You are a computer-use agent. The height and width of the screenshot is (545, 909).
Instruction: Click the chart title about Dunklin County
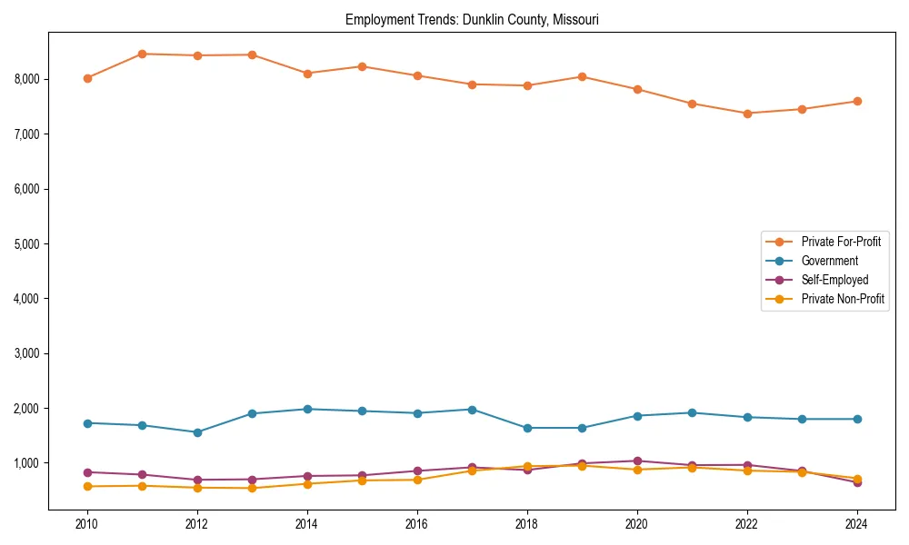coord(472,19)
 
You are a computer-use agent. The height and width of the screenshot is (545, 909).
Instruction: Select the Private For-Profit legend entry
coord(835,242)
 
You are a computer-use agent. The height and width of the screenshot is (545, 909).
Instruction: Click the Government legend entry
coord(829,261)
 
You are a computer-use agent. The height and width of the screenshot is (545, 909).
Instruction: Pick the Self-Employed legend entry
coord(834,280)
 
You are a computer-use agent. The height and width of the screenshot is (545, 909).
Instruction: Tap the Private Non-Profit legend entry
coord(843,299)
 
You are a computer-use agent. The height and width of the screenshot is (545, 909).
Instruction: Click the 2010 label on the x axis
coord(87,524)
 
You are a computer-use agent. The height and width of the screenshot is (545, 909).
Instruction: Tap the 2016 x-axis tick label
coord(416,524)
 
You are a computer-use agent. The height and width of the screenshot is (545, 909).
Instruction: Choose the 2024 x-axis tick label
coord(856,524)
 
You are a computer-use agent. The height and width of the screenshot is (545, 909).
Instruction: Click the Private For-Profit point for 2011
coord(142,54)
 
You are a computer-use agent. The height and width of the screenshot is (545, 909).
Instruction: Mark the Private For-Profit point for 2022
coord(747,114)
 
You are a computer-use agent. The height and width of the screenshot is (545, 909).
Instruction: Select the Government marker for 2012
coord(197,432)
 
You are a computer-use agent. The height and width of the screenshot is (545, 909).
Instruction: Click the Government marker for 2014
coord(307,409)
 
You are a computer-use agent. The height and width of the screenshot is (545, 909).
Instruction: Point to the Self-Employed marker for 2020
coord(637,461)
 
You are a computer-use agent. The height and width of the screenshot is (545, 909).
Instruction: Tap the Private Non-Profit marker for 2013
coord(252,489)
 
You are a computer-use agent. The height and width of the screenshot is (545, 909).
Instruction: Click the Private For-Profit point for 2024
coord(856,101)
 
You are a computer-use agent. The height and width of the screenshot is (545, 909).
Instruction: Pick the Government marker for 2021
coord(692,412)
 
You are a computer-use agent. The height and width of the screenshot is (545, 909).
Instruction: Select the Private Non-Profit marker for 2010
coord(87,487)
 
